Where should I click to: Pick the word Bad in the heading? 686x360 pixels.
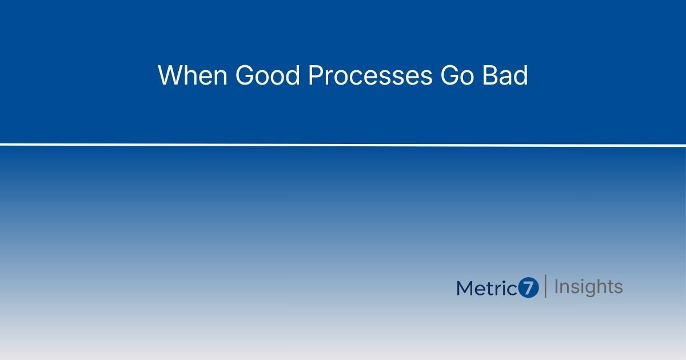point(505,75)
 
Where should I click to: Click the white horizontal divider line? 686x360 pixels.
point(343,145)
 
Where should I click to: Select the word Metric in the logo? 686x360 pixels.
point(487,288)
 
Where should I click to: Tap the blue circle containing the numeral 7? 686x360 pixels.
point(529,288)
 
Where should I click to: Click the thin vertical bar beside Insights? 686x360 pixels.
point(545,286)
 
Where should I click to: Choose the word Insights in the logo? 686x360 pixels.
point(588,287)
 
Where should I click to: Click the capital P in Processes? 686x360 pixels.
point(315,75)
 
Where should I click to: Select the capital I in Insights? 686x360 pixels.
point(556,286)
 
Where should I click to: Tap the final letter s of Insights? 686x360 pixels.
point(618,287)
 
